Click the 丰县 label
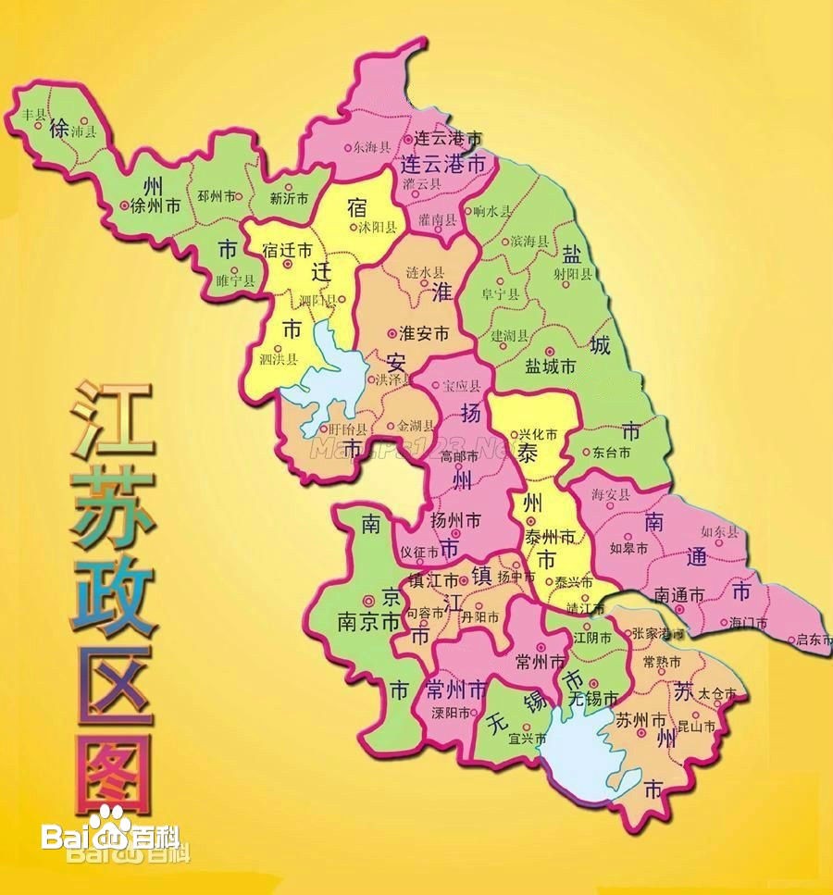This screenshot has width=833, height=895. click(33, 114)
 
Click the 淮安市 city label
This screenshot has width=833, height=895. click(423, 332)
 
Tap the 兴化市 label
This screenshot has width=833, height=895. click(537, 433)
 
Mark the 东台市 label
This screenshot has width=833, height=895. click(611, 453)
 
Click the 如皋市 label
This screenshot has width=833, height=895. click(628, 547)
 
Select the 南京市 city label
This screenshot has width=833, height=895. click(367, 622)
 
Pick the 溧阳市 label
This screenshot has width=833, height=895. click(452, 713)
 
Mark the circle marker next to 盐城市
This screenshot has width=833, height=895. click(550, 352)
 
